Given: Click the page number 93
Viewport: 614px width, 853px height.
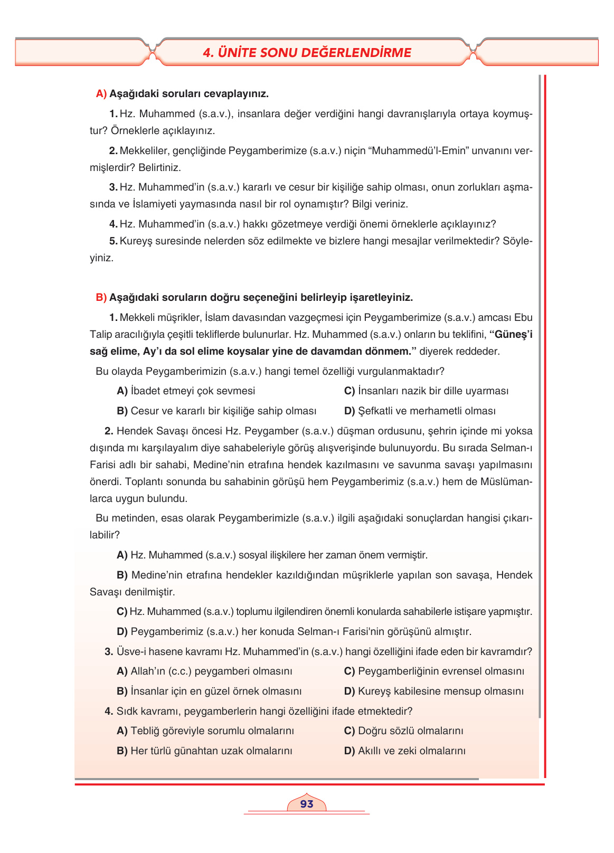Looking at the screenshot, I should pyautogui.click(x=306, y=803).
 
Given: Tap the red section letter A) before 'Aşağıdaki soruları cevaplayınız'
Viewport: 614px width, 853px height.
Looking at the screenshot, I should pyautogui.click(x=101, y=94).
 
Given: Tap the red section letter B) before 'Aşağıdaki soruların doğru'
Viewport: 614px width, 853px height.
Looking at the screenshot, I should pyautogui.click(x=101, y=298).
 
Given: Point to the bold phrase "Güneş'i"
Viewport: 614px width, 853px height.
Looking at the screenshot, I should pyautogui.click(x=511, y=335).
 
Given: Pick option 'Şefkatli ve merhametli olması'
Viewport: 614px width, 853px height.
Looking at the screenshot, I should pyautogui.click(x=426, y=411).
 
